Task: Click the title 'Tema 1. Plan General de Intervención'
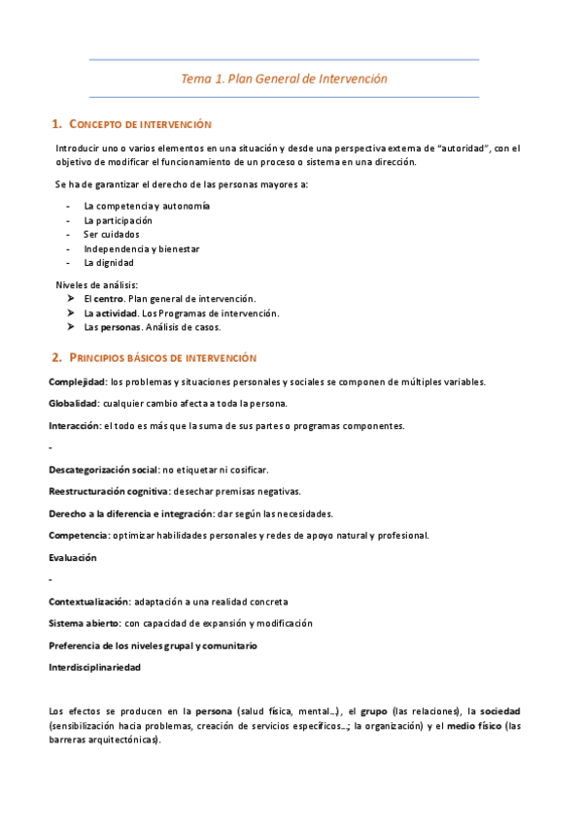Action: (x=284, y=79)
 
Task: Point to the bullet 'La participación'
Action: (x=118, y=220)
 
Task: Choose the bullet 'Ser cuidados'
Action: (x=111, y=234)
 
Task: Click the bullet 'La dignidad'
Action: (x=109, y=262)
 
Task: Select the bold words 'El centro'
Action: (x=103, y=299)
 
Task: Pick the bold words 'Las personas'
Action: (x=111, y=327)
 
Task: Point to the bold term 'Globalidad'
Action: (x=74, y=403)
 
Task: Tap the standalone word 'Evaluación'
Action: (x=73, y=557)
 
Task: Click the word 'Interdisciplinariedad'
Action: (x=95, y=668)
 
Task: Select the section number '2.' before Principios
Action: (x=56, y=357)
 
